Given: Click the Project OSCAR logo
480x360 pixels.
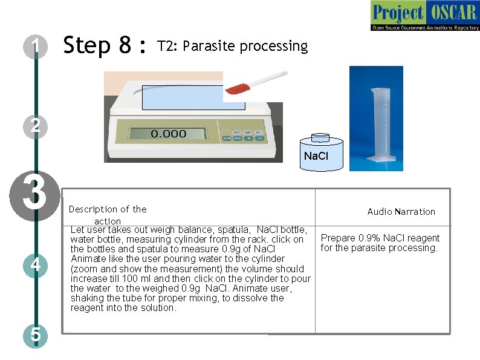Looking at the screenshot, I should (425, 16).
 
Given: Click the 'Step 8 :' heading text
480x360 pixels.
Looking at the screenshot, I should (105, 46).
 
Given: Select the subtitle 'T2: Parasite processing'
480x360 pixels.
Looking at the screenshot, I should (232, 47).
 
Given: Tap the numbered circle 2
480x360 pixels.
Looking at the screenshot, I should (36, 125).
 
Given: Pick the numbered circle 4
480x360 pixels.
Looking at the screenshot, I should (36, 265).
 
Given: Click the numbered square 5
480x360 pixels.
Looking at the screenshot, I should (36, 334).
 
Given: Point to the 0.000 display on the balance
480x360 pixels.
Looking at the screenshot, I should (169, 134).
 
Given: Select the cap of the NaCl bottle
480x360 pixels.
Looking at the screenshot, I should (320, 137).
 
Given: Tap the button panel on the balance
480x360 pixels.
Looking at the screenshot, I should (242, 135).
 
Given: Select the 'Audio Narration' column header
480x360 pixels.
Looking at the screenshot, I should (401, 212).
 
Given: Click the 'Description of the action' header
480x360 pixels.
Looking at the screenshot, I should (108, 215).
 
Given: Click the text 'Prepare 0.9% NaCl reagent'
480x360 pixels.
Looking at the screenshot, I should (380, 238).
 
